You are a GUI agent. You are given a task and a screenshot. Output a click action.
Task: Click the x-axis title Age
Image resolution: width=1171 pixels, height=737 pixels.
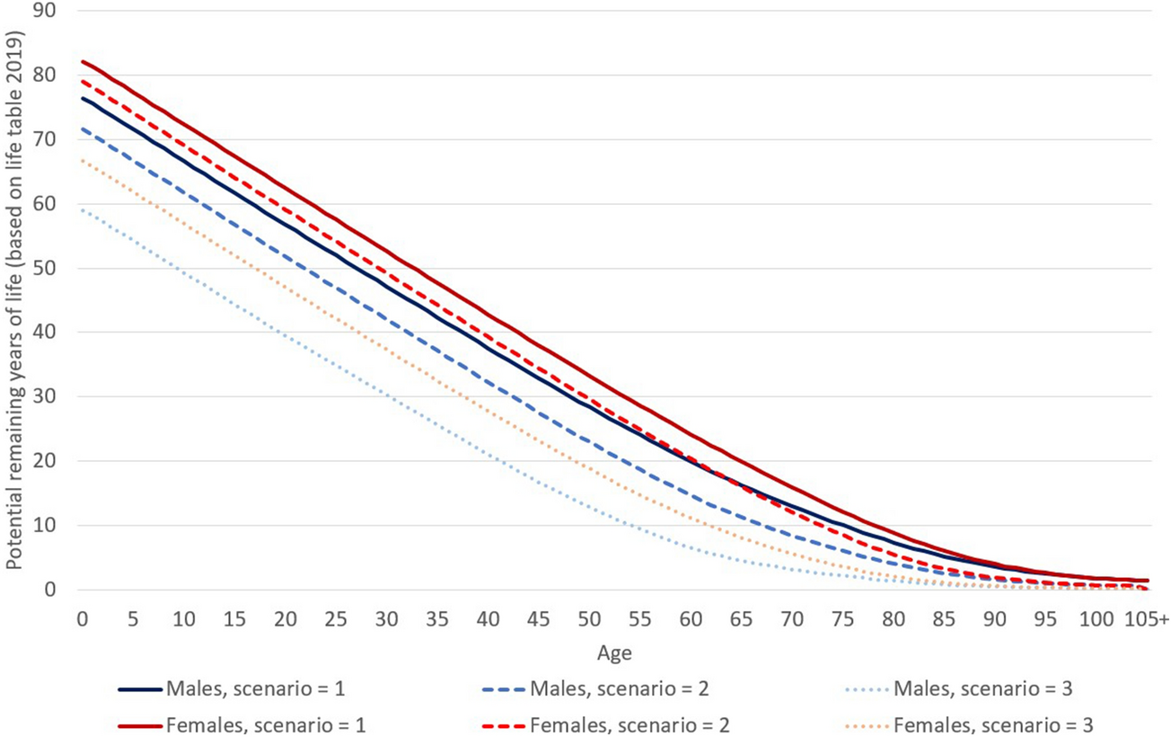point(619,650)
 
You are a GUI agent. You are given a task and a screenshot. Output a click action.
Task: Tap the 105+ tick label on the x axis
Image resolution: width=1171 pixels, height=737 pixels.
point(1147,620)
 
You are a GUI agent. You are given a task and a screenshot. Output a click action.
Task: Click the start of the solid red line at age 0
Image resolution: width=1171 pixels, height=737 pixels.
point(83,61)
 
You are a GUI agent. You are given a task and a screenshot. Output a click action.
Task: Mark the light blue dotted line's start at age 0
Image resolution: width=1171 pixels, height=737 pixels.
point(83,210)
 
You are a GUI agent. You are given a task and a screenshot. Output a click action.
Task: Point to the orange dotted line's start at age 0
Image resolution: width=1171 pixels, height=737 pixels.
point(83,160)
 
